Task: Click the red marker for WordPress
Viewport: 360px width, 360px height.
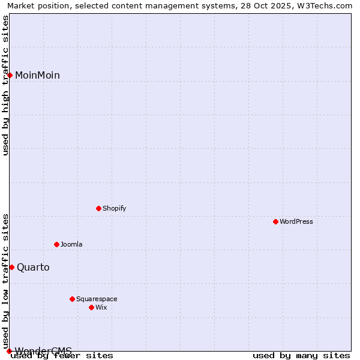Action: click(x=276, y=222)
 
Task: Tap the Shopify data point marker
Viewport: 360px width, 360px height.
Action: click(x=99, y=209)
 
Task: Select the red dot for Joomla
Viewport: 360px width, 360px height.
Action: click(x=57, y=244)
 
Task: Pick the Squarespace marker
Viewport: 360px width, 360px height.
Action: click(x=73, y=299)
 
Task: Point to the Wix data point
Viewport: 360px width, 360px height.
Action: click(x=92, y=307)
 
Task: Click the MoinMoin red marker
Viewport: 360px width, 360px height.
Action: click(x=10, y=75)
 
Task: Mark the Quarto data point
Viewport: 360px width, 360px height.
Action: click(x=11, y=267)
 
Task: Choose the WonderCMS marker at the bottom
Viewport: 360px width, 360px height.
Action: click(x=9, y=351)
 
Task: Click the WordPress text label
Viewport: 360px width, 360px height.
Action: click(x=296, y=222)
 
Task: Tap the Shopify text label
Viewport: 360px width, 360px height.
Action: click(x=114, y=209)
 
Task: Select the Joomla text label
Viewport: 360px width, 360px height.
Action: click(x=71, y=244)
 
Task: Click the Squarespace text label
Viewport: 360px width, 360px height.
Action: click(x=97, y=299)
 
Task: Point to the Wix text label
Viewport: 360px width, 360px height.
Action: click(x=101, y=307)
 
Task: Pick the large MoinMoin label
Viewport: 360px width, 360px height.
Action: click(x=37, y=76)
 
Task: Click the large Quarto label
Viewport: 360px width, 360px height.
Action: click(x=33, y=268)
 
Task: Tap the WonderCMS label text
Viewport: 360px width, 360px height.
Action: click(x=43, y=351)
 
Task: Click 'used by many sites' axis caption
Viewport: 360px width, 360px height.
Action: click(x=301, y=356)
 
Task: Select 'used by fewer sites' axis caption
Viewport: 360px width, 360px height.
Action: click(x=62, y=356)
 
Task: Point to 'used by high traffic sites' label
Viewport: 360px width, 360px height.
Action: click(x=6, y=85)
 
